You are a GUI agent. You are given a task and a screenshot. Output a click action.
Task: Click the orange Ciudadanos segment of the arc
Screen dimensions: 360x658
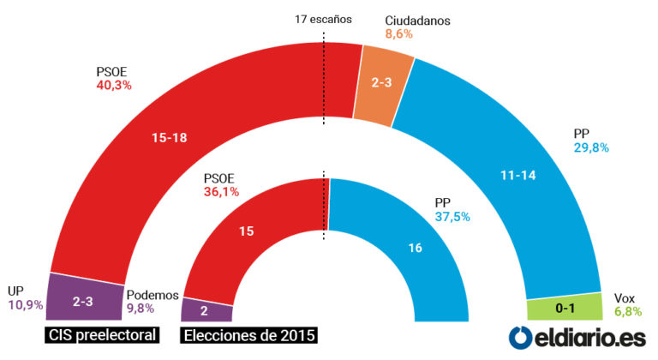click(384, 82)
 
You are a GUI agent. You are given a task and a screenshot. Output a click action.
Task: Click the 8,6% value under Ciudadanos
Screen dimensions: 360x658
click(399, 34)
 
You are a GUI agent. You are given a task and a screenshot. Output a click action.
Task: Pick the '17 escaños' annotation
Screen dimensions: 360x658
click(323, 18)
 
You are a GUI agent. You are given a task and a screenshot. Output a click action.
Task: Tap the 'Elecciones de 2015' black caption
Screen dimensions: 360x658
click(249, 334)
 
